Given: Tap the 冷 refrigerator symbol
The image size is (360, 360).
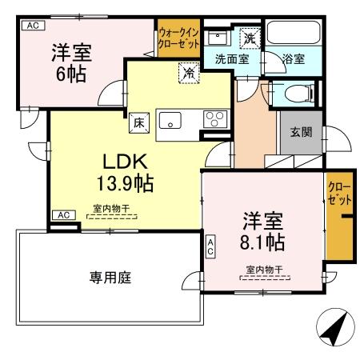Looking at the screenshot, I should point(188,71).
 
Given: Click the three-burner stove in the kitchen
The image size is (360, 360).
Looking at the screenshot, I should point(214,120).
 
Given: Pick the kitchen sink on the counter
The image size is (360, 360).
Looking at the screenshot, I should point(170,121).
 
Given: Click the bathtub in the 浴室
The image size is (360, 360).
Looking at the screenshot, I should point(292,34).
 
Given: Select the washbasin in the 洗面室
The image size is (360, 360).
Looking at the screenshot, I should point(216,37).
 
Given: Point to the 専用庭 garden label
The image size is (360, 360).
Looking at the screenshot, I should point(110,278).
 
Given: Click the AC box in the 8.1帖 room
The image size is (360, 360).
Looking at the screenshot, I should point(210,246).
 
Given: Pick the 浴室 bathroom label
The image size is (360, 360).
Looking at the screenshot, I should point(293,58).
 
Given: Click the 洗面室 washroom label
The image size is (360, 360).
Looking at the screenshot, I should point(231,58).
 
